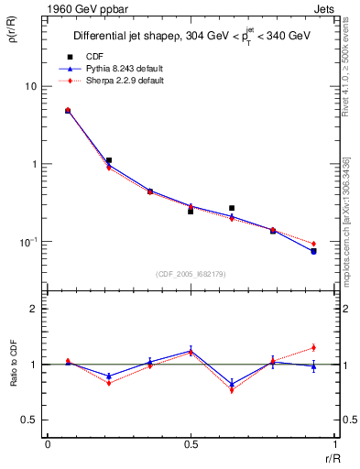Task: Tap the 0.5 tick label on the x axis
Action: pyautogui.click(x=190, y=444)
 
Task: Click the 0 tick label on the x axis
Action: pyautogui.click(x=48, y=444)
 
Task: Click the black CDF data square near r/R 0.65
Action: pyautogui.click(x=232, y=208)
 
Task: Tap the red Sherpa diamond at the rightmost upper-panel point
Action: pyautogui.click(x=313, y=244)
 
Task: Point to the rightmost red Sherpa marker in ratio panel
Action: pyautogui.click(x=313, y=347)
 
